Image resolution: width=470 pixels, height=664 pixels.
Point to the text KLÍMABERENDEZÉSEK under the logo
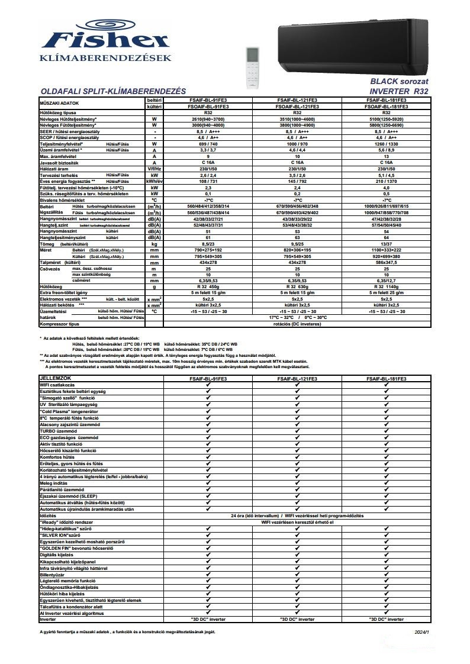(x=105, y=58)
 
